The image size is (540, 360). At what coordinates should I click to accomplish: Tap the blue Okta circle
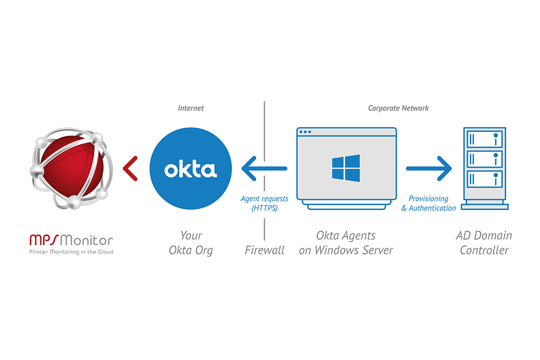pyautogui.click(x=190, y=169)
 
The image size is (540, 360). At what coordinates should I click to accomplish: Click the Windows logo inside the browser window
pyautogui.click(x=346, y=168)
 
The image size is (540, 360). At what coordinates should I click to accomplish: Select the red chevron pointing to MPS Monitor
pyautogui.click(x=130, y=169)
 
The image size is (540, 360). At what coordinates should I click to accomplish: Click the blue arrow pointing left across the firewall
pyautogui.click(x=264, y=169)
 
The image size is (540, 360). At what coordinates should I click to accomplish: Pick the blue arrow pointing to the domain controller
pyautogui.click(x=429, y=169)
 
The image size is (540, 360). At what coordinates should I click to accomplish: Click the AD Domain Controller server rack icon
pyautogui.click(x=484, y=168)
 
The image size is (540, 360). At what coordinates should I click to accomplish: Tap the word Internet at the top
pyautogui.click(x=190, y=108)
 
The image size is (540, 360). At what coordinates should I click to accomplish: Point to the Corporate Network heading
pyautogui.click(x=398, y=108)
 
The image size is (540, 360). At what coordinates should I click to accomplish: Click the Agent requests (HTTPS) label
pyautogui.click(x=264, y=203)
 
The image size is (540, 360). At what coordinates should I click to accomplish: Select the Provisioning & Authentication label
pyautogui.click(x=429, y=203)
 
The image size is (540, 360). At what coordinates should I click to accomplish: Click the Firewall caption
pyautogui.click(x=264, y=250)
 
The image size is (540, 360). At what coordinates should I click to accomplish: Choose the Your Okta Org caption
pyautogui.click(x=190, y=242)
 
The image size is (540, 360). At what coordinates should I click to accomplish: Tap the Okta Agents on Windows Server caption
pyautogui.click(x=346, y=242)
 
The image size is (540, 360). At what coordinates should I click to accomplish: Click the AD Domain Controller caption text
pyautogui.click(x=484, y=242)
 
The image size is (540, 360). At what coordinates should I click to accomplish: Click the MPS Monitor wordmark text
pyautogui.click(x=71, y=240)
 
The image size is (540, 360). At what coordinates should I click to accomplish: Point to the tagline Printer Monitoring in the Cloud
pyautogui.click(x=71, y=252)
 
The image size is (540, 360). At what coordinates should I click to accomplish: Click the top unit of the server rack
pyautogui.click(x=484, y=139)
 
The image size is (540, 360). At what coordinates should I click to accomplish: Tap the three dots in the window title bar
pyautogui.click(x=305, y=132)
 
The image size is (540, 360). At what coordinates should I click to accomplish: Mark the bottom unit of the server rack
pyautogui.click(x=484, y=178)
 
